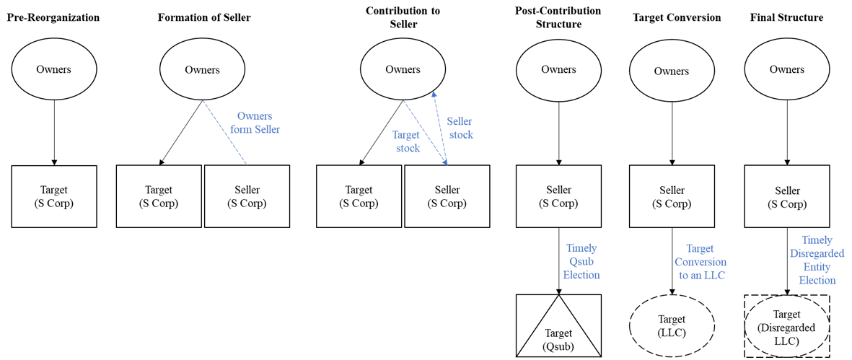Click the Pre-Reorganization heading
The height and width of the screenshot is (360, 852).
click(53, 18)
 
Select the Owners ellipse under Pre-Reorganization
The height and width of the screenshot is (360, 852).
click(53, 69)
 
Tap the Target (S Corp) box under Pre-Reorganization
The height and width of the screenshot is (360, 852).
click(53, 197)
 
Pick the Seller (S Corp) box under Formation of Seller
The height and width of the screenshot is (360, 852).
click(245, 197)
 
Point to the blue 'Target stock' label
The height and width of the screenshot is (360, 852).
click(406, 141)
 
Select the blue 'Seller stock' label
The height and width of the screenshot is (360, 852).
click(460, 128)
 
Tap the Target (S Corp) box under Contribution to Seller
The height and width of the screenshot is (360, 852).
click(359, 197)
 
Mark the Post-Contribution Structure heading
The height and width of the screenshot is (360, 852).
click(558, 18)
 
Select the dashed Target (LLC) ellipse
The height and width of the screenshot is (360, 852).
click(672, 325)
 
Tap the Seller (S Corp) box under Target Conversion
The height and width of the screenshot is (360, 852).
click(672, 197)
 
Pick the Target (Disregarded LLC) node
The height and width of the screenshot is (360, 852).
click(786, 325)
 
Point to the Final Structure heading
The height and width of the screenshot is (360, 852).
click(786, 18)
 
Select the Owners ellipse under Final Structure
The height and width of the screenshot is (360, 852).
click(786, 69)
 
